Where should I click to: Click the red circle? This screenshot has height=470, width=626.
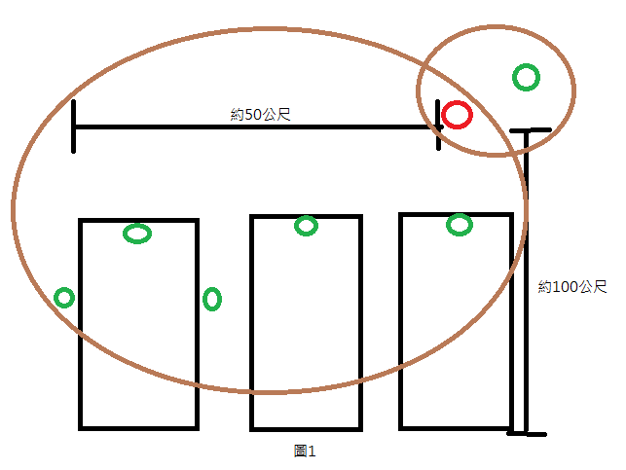457,116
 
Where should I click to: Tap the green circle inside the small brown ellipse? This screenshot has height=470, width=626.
526,77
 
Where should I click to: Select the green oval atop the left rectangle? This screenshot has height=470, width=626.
137,234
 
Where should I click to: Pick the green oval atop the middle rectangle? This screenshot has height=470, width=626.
306,226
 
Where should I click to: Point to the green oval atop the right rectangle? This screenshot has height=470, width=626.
459,225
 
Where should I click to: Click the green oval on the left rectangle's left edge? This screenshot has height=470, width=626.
64,297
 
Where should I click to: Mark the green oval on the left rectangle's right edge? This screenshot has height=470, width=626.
212,299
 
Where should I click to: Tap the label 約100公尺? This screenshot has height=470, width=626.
571,287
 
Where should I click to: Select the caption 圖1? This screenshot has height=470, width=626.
306,451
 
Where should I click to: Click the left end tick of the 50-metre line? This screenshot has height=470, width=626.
74,127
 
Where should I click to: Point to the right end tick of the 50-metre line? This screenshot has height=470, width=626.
437,127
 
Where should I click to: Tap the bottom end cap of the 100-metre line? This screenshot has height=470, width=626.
527,434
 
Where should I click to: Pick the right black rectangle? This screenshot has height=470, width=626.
456,331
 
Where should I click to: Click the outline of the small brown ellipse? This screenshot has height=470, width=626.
574,89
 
